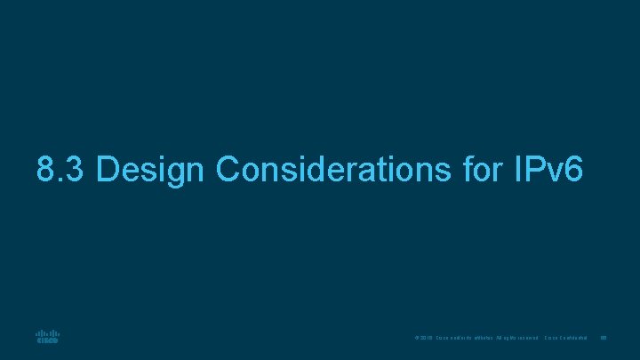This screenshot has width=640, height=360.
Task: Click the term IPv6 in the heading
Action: pyautogui.click(x=548, y=169)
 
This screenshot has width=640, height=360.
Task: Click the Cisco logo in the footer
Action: pyautogui.click(x=47, y=336)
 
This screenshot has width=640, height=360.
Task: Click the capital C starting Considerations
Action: pyautogui.click(x=229, y=169)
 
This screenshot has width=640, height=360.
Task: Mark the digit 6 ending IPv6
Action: pyautogui.click(x=573, y=169)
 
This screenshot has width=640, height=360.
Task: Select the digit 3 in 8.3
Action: pyautogui.click(x=75, y=169)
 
